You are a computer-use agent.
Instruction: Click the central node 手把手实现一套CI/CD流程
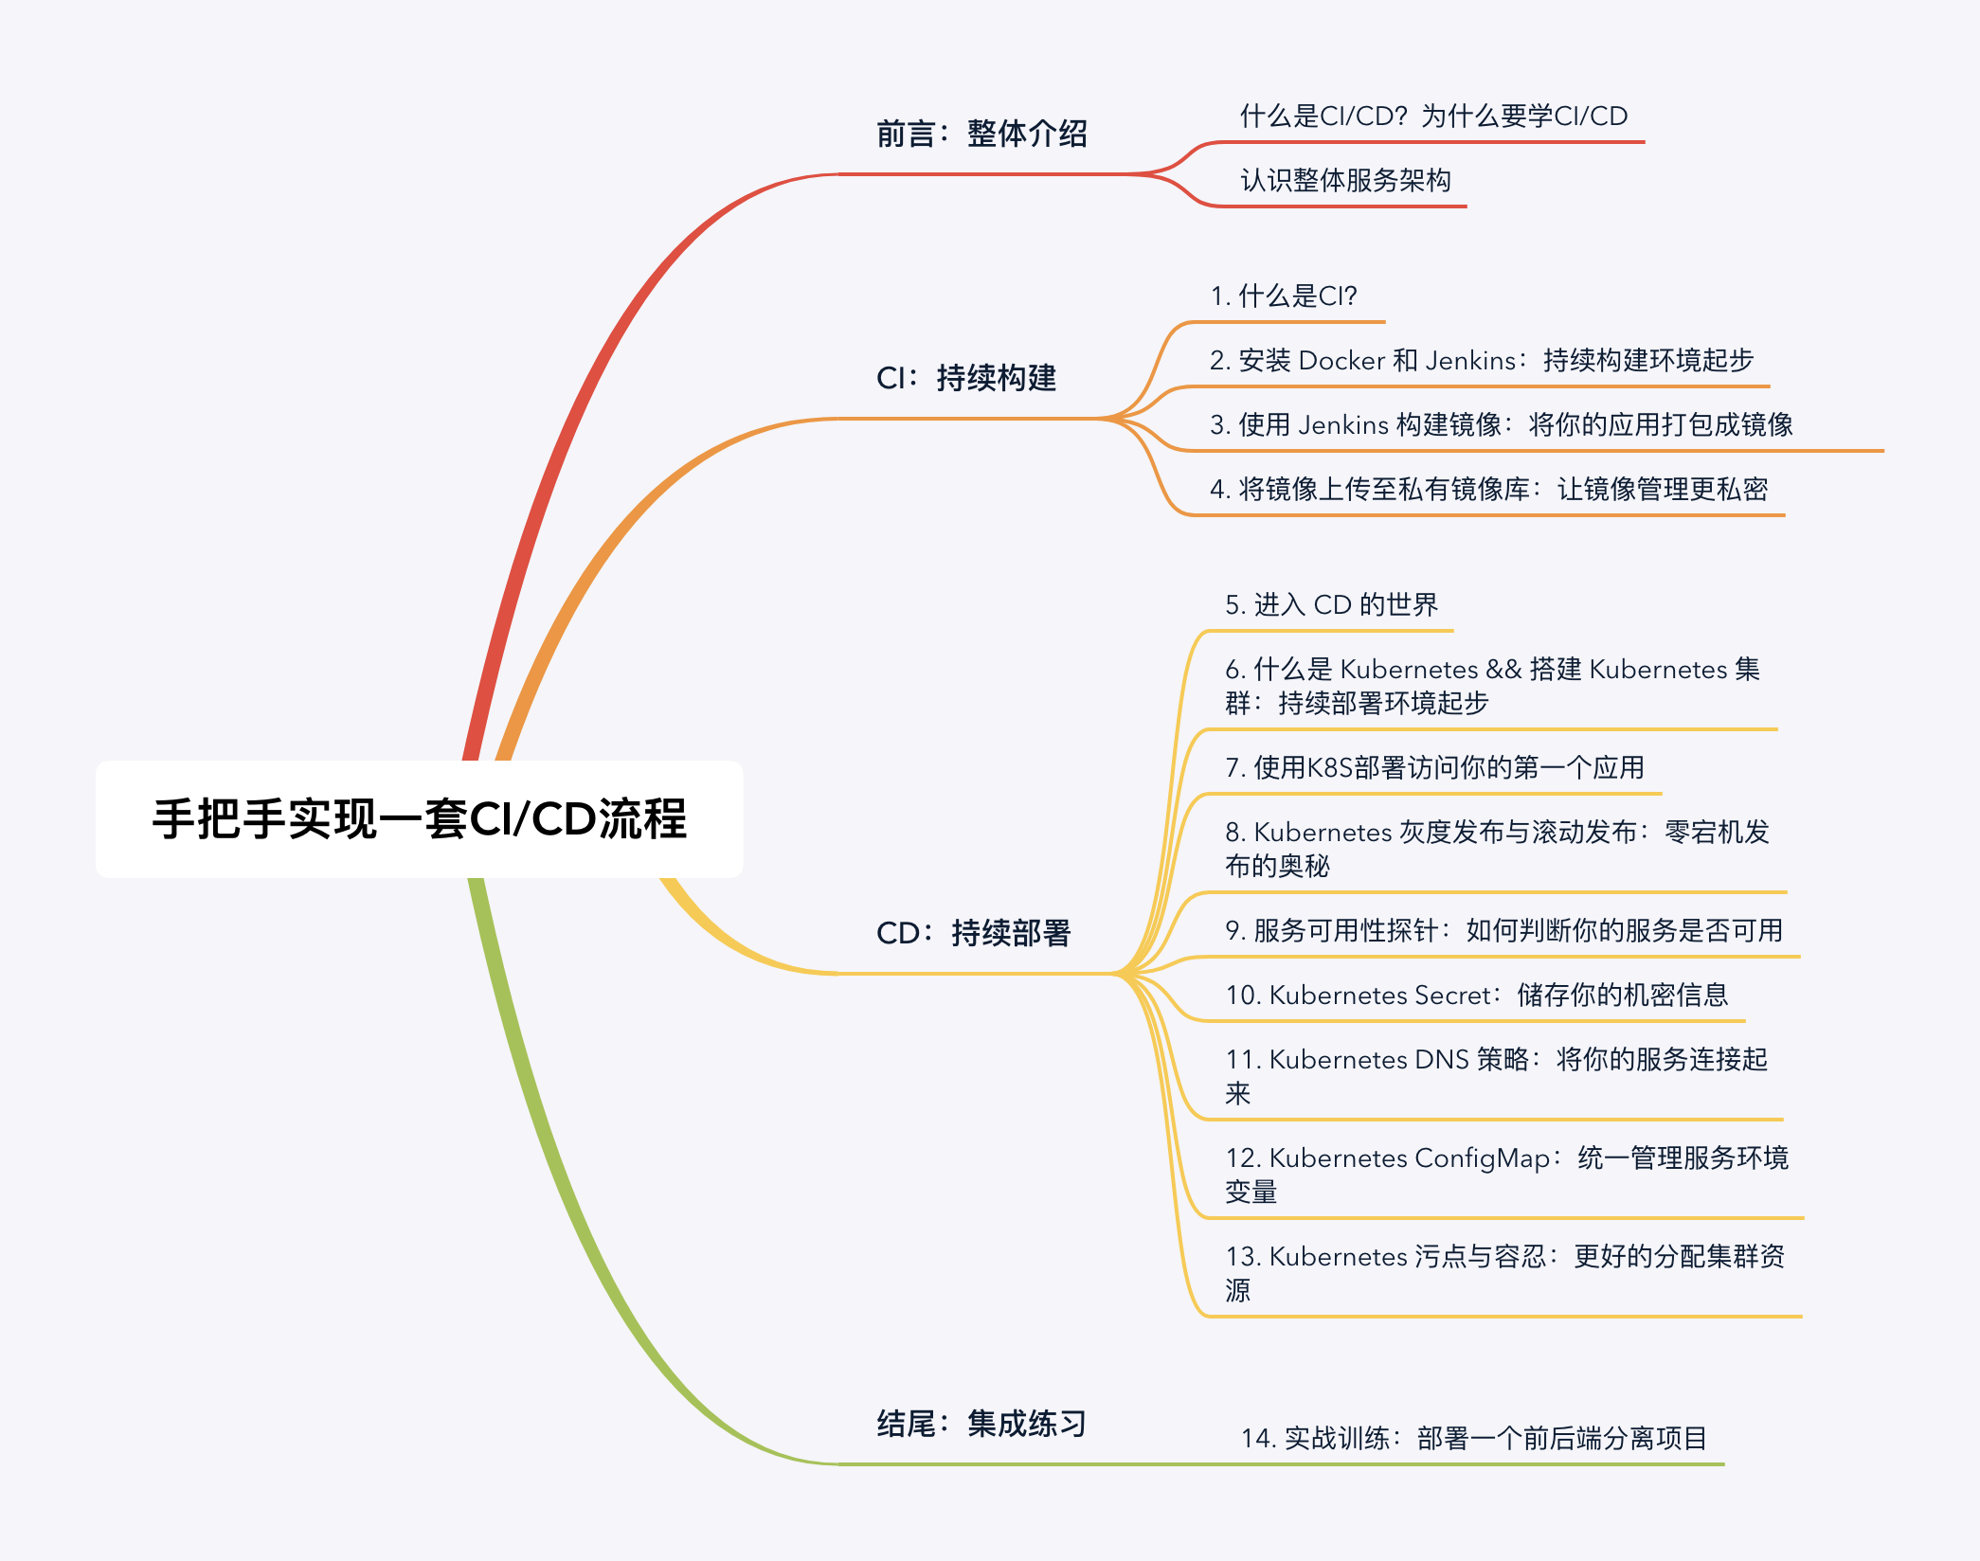click(420, 819)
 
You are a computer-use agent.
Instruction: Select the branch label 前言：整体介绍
click(981, 134)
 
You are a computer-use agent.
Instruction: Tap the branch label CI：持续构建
click(966, 378)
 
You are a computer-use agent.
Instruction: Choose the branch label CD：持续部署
click(974, 933)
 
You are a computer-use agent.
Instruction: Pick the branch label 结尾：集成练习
click(981, 1424)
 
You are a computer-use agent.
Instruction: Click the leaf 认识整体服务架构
click(1345, 180)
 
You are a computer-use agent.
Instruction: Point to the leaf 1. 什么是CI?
click(1284, 296)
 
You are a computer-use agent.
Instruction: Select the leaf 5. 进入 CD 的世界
click(1331, 604)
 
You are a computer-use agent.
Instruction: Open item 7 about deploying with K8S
click(1434, 767)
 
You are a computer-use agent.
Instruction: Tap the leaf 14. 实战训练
click(1474, 1438)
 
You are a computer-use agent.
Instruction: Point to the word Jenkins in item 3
click(1343, 424)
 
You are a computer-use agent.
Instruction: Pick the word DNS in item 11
click(1441, 1059)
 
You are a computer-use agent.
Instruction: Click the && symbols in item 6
click(1503, 669)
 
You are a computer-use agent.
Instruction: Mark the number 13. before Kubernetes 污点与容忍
click(1244, 1256)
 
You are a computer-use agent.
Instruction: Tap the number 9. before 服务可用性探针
click(1235, 930)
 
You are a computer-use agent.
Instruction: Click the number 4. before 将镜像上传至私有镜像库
click(1220, 489)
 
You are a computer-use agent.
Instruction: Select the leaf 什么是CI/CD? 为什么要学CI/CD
click(1433, 116)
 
